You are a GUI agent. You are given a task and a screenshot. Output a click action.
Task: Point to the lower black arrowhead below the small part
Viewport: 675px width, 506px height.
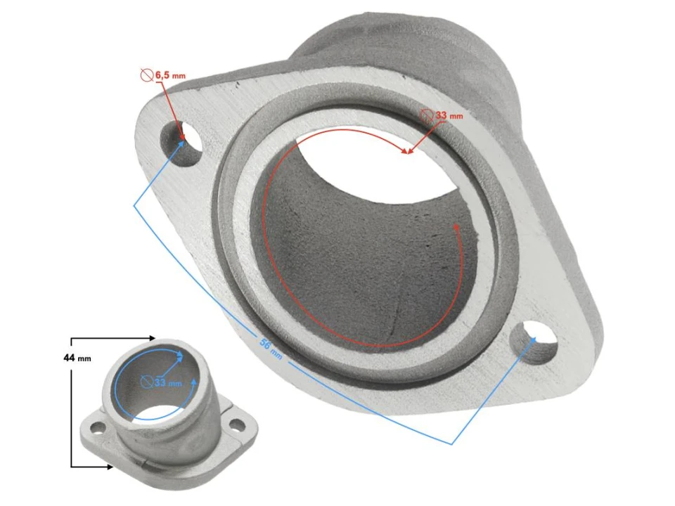click(x=110, y=466)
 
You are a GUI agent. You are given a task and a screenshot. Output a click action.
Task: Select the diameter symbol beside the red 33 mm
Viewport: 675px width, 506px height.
click(x=427, y=115)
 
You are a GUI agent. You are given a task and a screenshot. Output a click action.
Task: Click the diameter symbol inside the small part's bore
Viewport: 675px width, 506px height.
click(x=146, y=382)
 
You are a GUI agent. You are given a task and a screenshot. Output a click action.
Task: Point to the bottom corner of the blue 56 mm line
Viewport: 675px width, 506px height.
click(x=451, y=443)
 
